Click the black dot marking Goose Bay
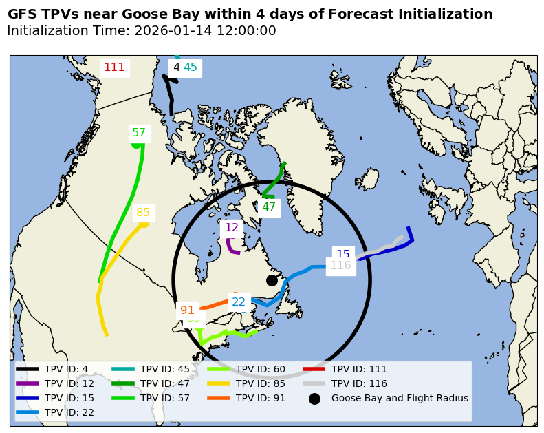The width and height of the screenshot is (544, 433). [x=272, y=280]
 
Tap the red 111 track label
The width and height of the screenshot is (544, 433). [x=114, y=67]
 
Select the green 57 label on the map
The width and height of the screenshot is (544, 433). [x=139, y=132]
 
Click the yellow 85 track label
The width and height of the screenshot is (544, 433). [x=143, y=213]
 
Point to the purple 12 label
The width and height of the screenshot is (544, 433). [x=232, y=227]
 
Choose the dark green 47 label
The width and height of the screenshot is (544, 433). [x=269, y=207]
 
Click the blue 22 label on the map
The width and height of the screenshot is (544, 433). [x=239, y=302]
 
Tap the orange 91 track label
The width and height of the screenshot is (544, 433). [x=187, y=310]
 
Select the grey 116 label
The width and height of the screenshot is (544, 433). [x=340, y=265]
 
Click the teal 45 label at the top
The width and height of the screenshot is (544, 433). [x=191, y=67]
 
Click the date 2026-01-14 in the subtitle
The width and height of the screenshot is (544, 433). [x=170, y=31]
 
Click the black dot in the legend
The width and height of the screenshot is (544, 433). [x=314, y=399]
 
